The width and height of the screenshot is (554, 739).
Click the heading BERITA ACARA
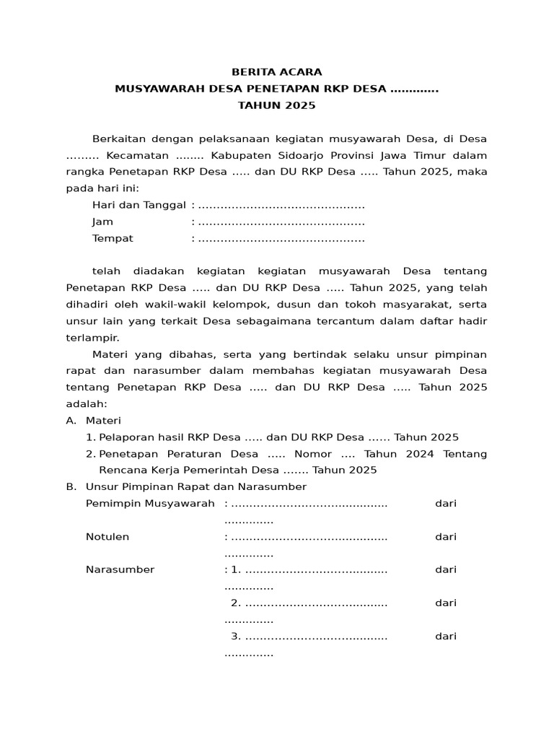(x=277, y=72)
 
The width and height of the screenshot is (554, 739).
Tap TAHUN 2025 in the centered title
(x=277, y=105)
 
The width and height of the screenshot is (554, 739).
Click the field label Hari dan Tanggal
(x=139, y=205)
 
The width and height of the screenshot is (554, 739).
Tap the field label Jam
(x=102, y=222)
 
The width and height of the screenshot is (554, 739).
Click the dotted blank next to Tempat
(x=281, y=238)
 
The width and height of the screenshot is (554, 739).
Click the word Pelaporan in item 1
(x=124, y=437)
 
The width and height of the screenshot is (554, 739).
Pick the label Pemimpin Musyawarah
(x=150, y=503)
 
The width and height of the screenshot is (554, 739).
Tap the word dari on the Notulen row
(x=446, y=536)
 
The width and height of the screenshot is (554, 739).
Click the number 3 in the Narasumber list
(x=234, y=636)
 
